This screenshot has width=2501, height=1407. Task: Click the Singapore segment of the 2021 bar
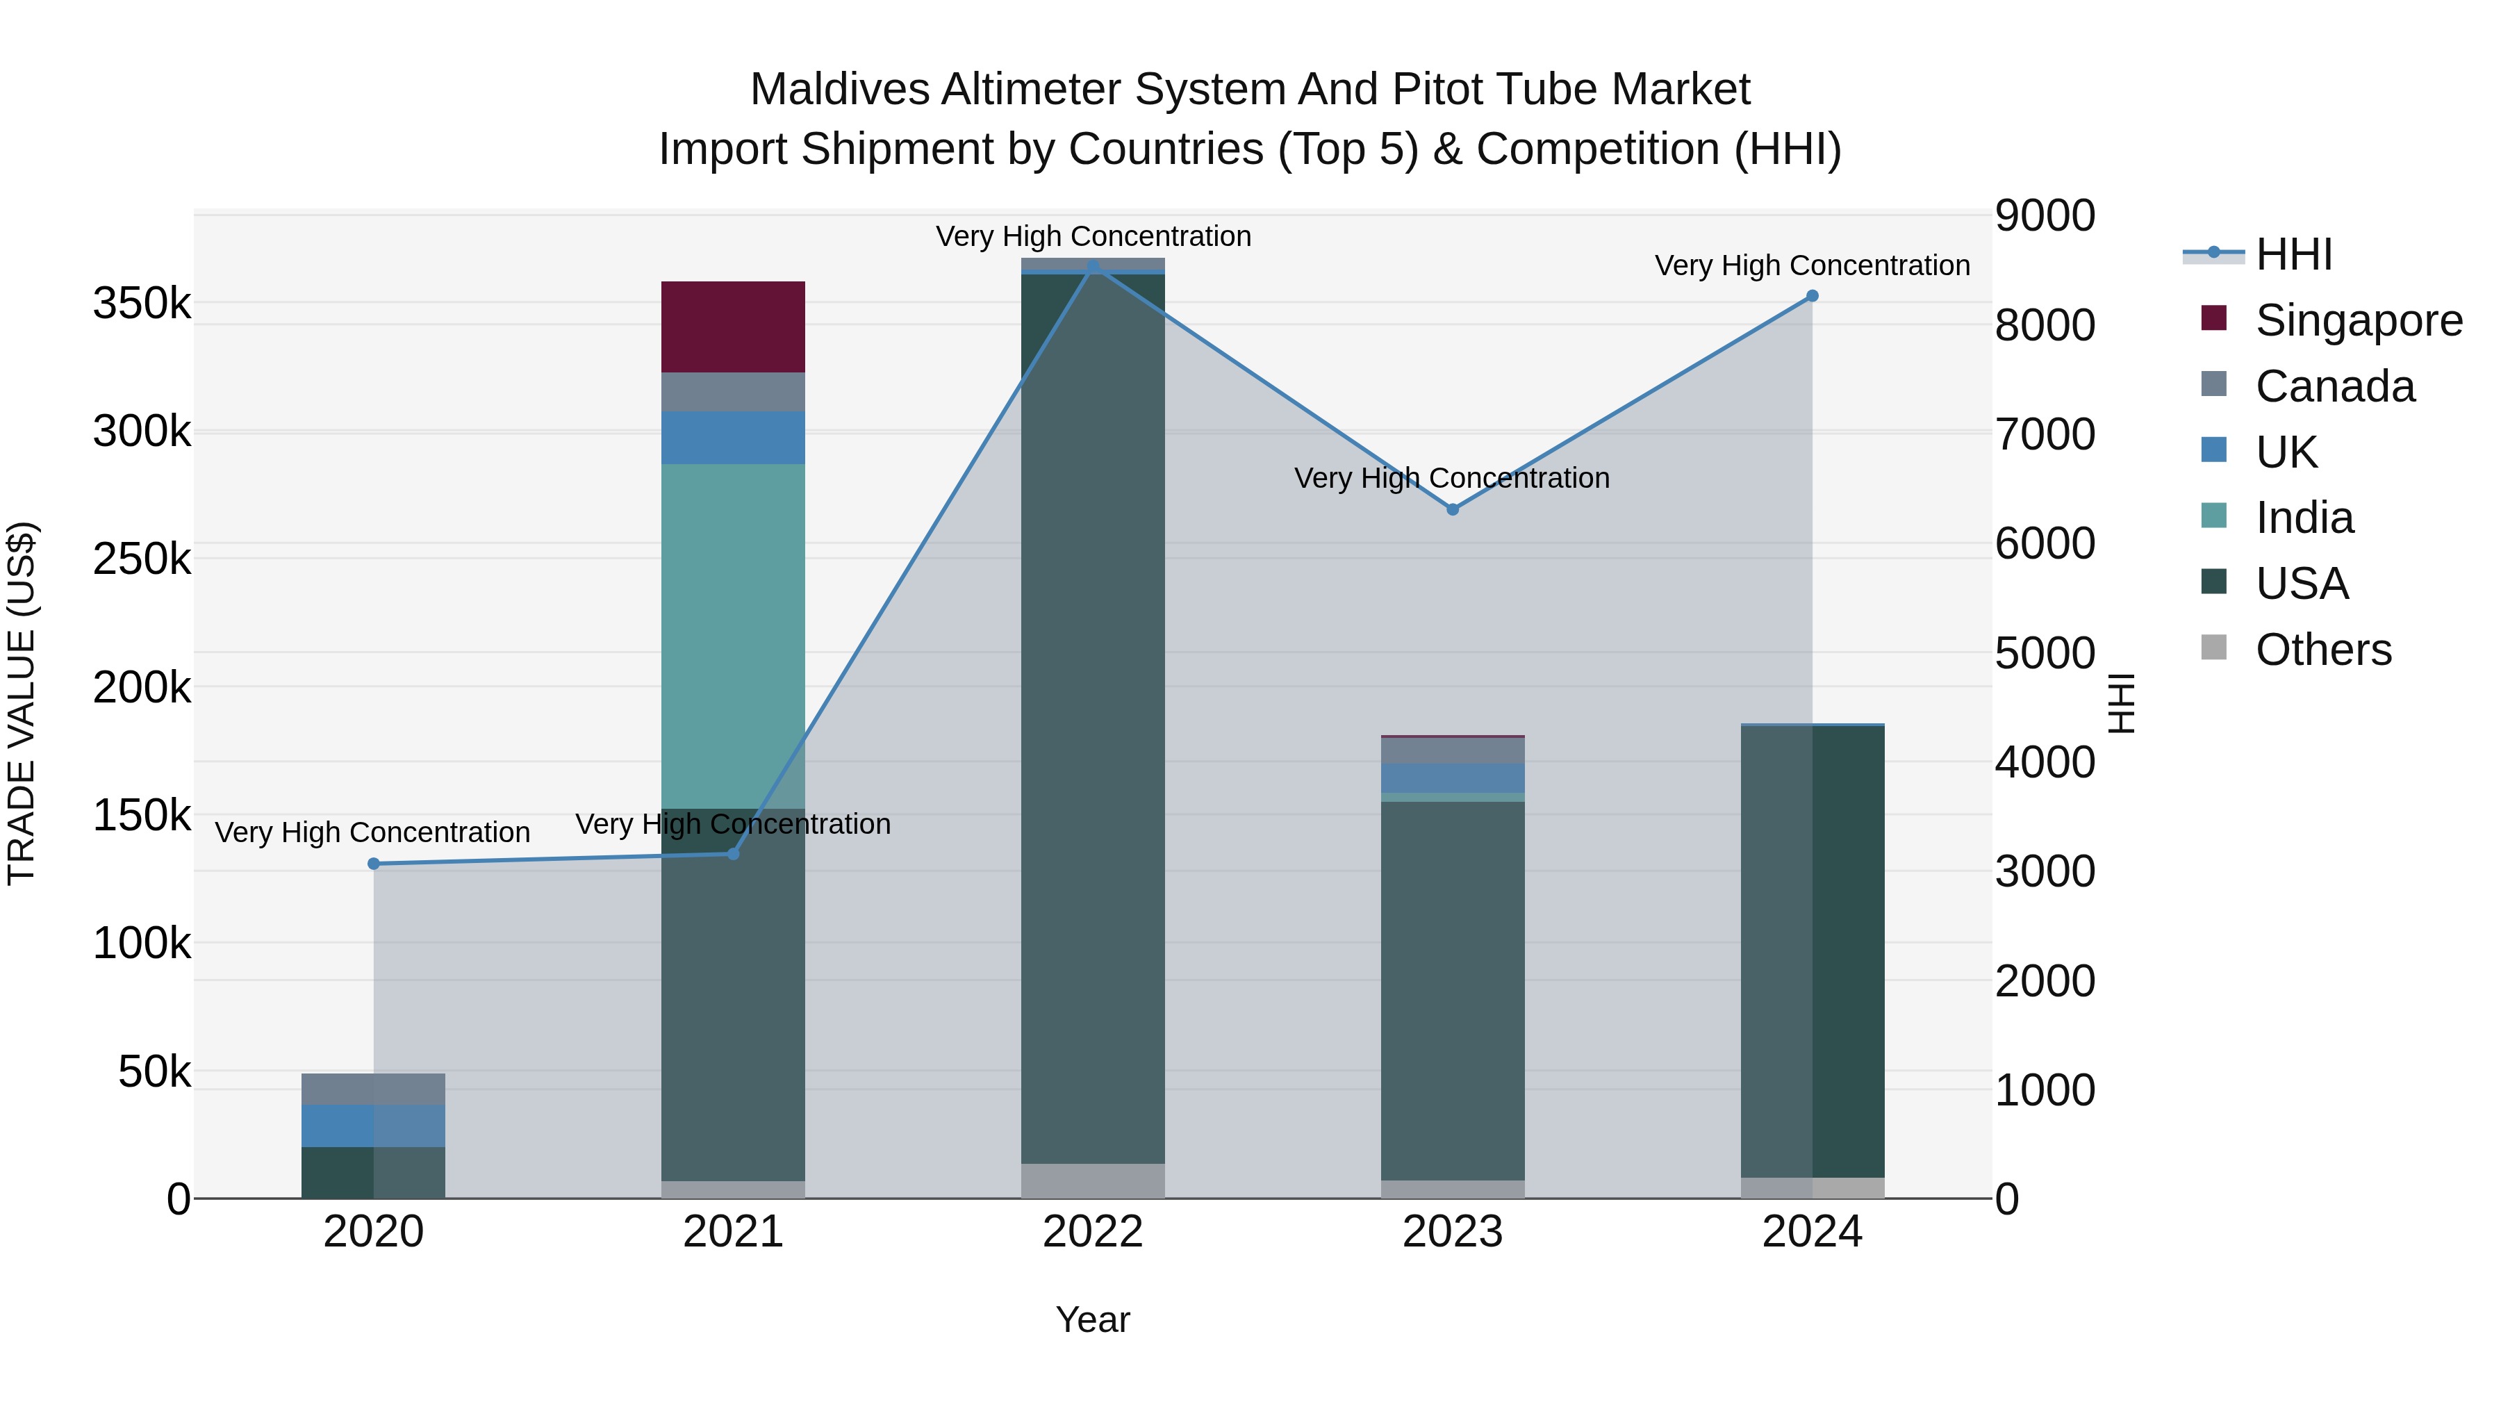[x=733, y=327]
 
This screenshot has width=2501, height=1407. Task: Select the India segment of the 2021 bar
[x=733, y=636]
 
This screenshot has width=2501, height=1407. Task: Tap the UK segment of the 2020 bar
[x=373, y=1126]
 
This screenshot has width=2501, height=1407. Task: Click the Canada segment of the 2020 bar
[x=373, y=1089]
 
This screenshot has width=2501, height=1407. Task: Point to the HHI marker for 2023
[x=1453, y=510]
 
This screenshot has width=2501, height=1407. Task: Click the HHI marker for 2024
[x=1812, y=296]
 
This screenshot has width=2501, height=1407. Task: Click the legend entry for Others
[x=2322, y=650]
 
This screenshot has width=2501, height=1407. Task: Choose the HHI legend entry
[x=2293, y=254]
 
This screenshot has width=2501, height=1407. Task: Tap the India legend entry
[x=2303, y=518]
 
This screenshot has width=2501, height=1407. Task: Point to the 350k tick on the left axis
[x=142, y=304]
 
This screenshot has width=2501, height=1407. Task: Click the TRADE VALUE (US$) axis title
[x=22, y=703]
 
